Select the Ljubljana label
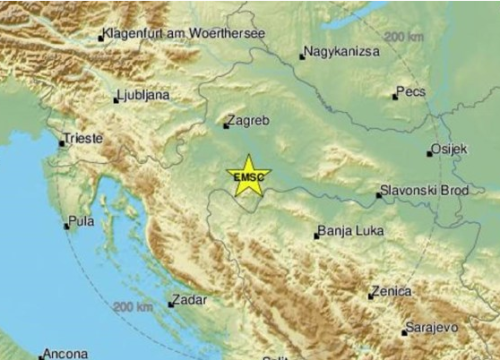143,95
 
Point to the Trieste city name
83,139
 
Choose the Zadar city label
189,299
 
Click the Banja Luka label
347,232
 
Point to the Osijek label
448,150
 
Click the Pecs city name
411,92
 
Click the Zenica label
391,291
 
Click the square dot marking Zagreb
226,125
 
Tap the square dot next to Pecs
394,96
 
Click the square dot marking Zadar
171,303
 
